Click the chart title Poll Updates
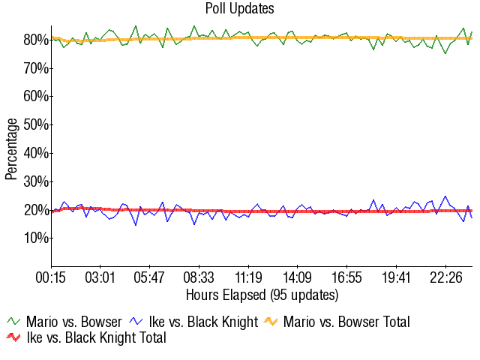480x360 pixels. coord(239,9)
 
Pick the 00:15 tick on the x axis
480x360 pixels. coord(52,277)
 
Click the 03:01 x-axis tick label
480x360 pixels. coord(100,277)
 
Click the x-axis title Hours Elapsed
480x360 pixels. coord(262,295)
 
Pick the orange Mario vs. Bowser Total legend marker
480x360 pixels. coord(270,322)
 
